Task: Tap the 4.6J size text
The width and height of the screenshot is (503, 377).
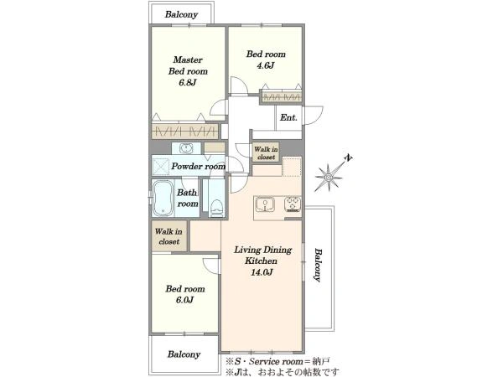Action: click(265, 65)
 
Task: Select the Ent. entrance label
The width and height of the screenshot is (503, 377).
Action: click(288, 117)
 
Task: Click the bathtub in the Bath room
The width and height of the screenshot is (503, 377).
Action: click(163, 198)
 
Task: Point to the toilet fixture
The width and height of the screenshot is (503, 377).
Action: click(216, 209)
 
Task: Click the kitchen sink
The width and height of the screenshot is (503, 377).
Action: click(265, 204)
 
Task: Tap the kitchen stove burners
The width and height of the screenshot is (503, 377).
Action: click(293, 204)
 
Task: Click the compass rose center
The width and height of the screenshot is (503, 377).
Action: click(329, 178)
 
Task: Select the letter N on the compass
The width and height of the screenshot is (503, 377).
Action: click(349, 158)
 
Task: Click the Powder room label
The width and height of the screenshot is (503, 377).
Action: click(198, 166)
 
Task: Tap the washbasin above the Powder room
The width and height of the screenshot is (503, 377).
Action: click(186, 148)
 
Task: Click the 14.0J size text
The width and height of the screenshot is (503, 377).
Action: click(262, 272)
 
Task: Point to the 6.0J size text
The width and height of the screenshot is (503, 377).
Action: click(184, 301)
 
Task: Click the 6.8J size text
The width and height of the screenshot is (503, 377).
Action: click(188, 82)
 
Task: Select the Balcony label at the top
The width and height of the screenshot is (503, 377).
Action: click(181, 14)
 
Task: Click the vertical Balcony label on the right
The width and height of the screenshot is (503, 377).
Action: click(318, 265)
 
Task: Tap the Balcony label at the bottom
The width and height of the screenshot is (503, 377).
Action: click(184, 354)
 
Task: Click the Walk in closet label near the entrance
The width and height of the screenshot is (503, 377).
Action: click(266, 153)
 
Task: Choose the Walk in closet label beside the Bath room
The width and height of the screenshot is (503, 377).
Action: click(169, 236)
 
